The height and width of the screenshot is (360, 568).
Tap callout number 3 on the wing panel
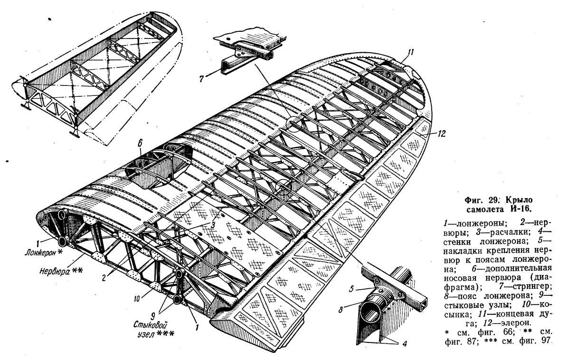pos(216,225)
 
